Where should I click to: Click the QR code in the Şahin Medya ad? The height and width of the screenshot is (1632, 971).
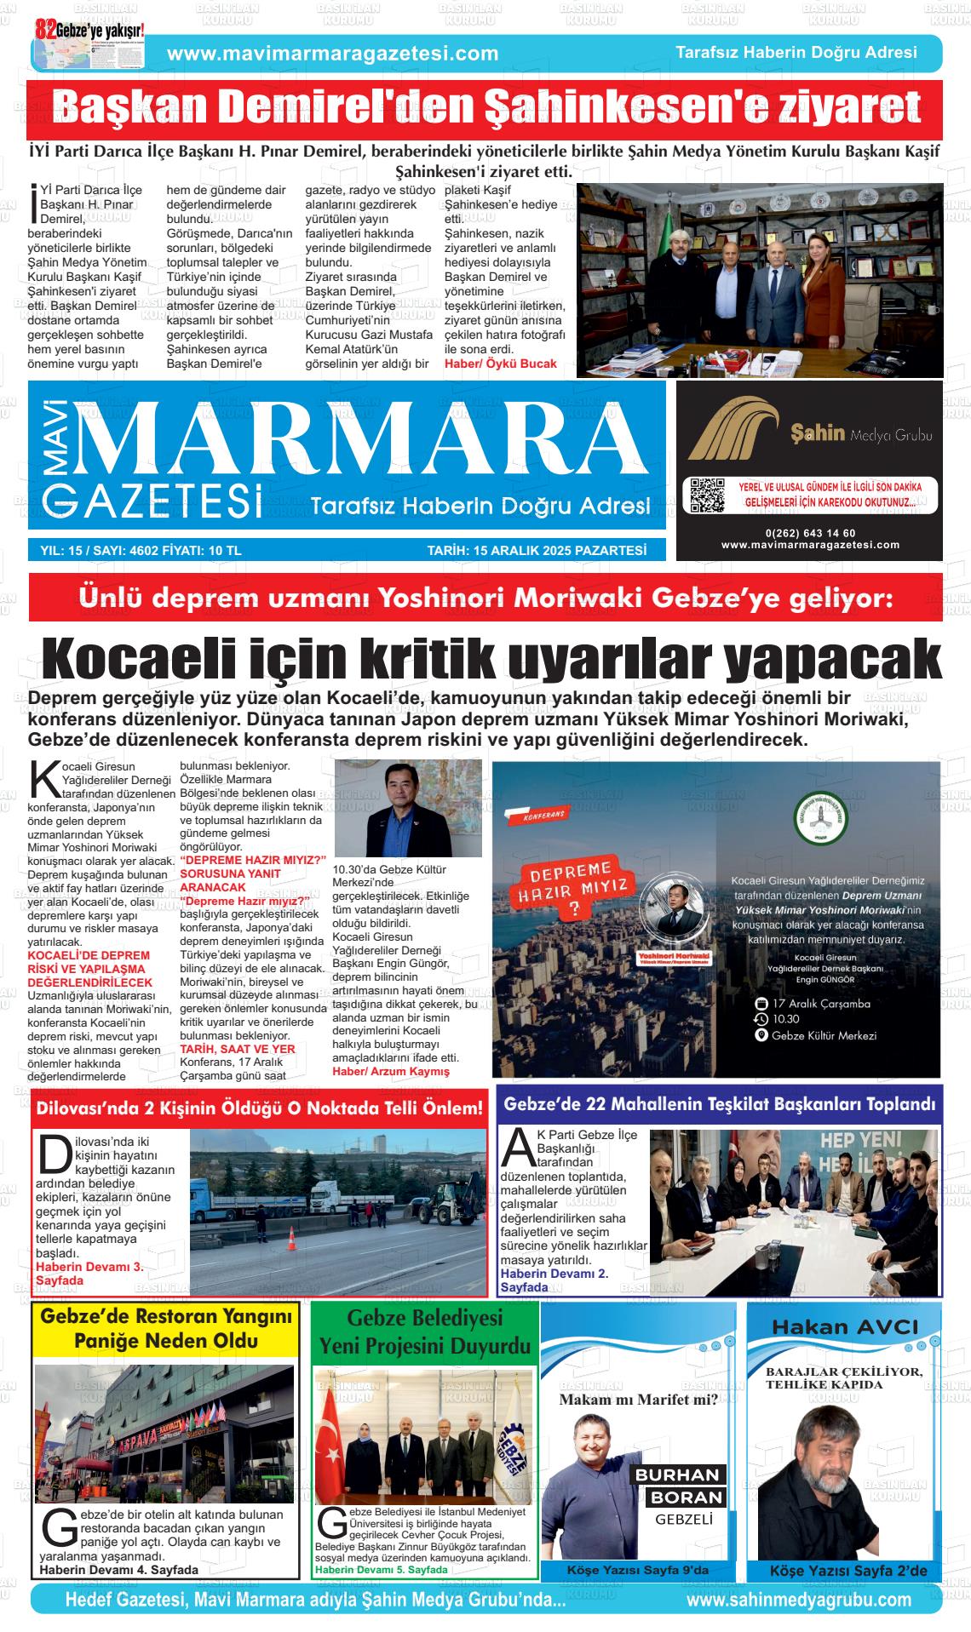(706, 495)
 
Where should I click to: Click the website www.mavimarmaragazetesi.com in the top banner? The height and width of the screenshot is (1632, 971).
(333, 54)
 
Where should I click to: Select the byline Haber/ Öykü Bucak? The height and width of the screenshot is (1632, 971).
(500, 364)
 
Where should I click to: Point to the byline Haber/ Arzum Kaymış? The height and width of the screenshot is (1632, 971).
(390, 1071)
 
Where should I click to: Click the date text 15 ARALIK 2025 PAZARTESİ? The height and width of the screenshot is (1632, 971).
(537, 551)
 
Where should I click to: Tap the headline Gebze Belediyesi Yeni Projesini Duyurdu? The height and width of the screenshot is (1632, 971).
(424, 1332)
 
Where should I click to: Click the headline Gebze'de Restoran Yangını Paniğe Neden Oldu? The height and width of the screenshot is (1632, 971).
(166, 1329)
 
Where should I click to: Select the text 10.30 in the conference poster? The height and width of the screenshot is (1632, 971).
(786, 1019)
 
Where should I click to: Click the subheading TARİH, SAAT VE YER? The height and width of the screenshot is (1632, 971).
(237, 1049)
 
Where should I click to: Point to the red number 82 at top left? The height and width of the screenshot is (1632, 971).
(45, 29)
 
